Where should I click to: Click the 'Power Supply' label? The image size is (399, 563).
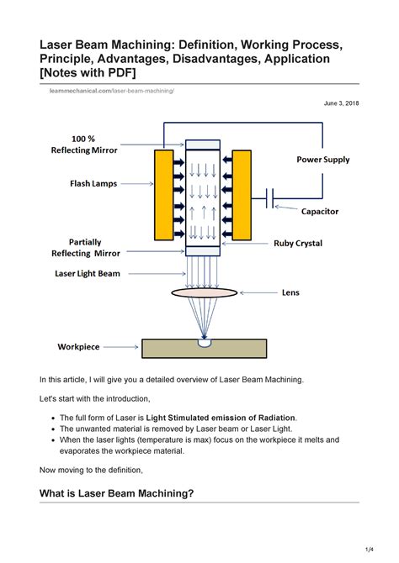click(322, 160)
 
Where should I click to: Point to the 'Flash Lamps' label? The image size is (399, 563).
click(93, 182)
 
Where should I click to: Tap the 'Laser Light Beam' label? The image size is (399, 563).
click(88, 273)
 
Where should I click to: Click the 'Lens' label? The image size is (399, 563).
click(290, 293)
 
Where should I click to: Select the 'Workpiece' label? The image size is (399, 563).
click(78, 346)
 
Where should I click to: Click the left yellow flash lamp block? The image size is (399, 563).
click(164, 195)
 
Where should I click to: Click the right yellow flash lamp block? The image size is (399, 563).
click(242, 195)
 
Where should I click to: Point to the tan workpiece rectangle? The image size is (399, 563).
click(204, 348)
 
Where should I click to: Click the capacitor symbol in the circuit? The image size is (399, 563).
click(269, 198)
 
